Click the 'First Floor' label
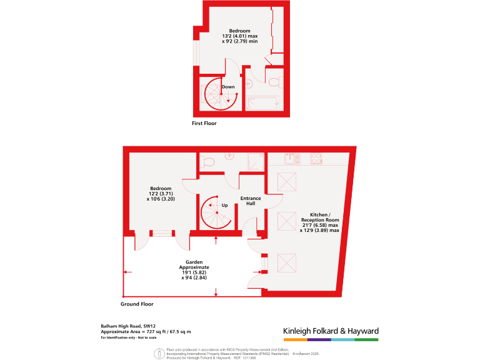click(204, 124)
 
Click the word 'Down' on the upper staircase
click(228, 87)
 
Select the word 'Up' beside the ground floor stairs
click(224, 204)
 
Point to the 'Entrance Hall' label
click(251, 201)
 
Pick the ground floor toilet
click(209, 162)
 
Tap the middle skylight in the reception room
click(286, 220)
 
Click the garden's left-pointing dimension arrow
click(127, 272)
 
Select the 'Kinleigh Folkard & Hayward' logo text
click(331, 331)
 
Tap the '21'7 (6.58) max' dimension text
click(320, 225)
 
